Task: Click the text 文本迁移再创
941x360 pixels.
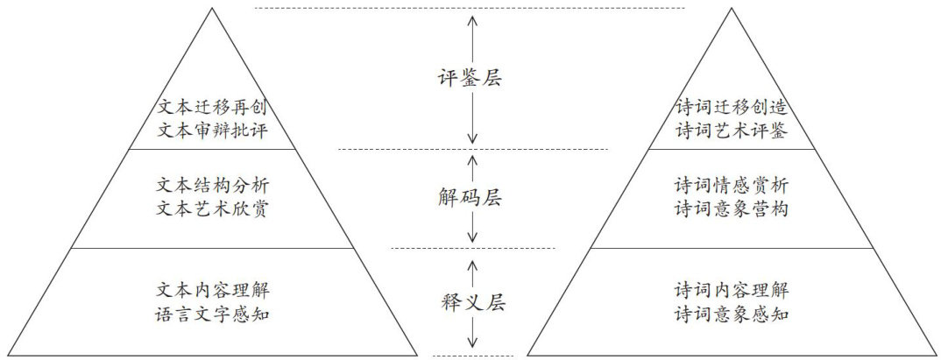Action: click(x=210, y=108)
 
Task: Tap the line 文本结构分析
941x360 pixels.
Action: click(x=210, y=186)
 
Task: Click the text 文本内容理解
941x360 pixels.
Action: click(x=210, y=287)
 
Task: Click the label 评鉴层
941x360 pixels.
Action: click(x=471, y=79)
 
